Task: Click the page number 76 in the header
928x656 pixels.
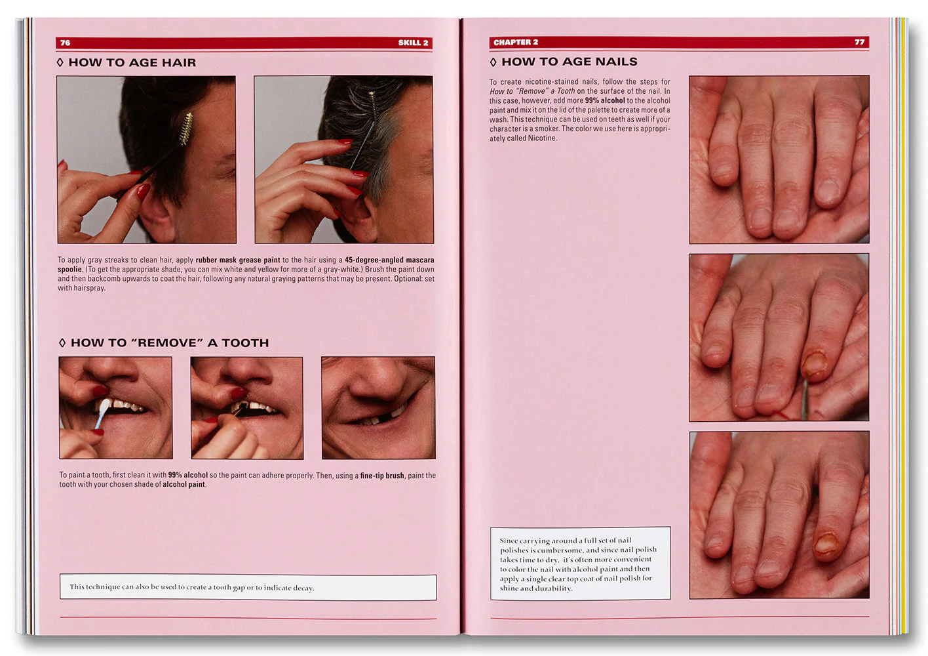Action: [x=65, y=43]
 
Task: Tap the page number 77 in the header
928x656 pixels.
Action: [x=859, y=42]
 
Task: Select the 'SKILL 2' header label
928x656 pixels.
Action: [x=413, y=43]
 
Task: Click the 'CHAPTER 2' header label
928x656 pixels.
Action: [x=516, y=42]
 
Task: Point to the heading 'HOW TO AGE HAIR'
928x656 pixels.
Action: [x=132, y=62]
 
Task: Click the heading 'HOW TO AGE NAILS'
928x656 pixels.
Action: [x=569, y=62]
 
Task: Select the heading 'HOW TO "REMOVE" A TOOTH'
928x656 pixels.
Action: [x=169, y=342]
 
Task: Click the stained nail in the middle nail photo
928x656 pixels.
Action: [x=815, y=364]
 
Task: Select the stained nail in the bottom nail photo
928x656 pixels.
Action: [x=825, y=544]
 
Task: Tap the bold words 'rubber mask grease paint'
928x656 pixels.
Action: [x=237, y=260]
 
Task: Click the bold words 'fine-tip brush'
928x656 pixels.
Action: [x=381, y=476]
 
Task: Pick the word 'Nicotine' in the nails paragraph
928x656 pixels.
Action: [x=541, y=138]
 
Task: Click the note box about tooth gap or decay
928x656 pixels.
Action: [x=248, y=587]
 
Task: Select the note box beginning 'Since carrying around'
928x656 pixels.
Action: [x=580, y=564]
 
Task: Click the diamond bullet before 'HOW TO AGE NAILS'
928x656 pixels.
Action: [x=493, y=62]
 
